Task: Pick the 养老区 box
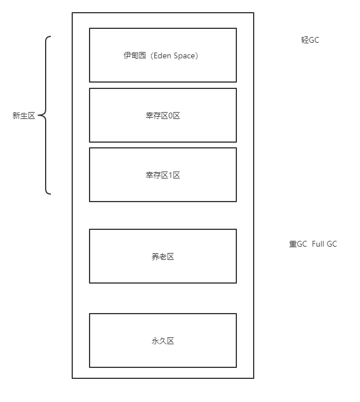click(162, 272)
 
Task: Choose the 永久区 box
click(162, 356)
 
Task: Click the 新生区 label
click(24, 116)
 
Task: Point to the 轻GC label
click(310, 40)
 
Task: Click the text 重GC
click(298, 244)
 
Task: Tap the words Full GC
click(324, 244)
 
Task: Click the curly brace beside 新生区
click(46, 116)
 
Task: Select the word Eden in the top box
click(163, 56)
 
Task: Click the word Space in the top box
click(185, 56)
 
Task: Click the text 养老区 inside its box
click(162, 256)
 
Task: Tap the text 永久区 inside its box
click(162, 341)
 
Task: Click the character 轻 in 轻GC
click(305, 40)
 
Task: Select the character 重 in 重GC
click(292, 244)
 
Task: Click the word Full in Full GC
click(318, 244)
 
